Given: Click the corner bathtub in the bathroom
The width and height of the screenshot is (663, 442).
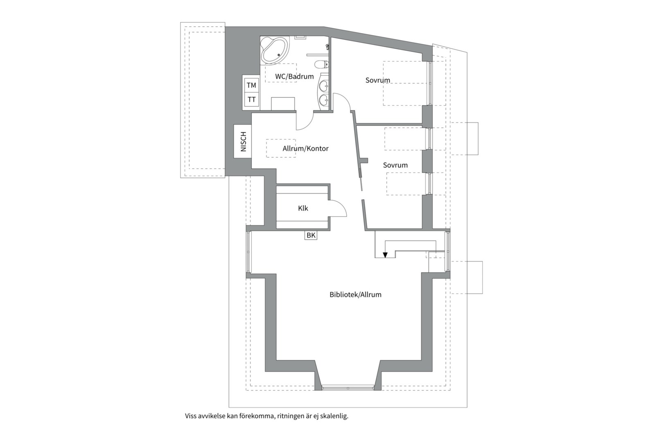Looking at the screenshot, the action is point(274,50).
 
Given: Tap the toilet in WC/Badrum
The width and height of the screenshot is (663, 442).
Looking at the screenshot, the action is point(322,64).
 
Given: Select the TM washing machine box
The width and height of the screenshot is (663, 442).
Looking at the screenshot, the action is point(252,85).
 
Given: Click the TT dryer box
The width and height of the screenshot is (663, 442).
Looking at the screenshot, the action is point(252,99).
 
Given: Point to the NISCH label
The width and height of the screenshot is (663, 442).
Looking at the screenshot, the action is point(243,142).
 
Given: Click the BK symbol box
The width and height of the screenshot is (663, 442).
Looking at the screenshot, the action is point(311,235).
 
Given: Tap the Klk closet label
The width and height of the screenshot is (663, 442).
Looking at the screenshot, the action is point(303,208).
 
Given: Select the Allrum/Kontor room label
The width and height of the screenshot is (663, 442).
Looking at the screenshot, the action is point(305,148).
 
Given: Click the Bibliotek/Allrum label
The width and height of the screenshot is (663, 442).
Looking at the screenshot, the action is point(356,295).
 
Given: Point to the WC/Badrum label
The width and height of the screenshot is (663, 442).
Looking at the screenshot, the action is point(294,77).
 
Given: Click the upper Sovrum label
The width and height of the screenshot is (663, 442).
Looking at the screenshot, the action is point(378,80).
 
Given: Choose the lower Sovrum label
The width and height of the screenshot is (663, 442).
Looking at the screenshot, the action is point(395,165).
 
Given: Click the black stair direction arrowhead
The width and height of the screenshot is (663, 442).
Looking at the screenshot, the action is point(385,255).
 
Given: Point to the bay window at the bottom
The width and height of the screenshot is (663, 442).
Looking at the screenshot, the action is point(348,388).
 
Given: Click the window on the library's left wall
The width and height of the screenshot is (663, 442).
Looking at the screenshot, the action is point(249,252).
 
